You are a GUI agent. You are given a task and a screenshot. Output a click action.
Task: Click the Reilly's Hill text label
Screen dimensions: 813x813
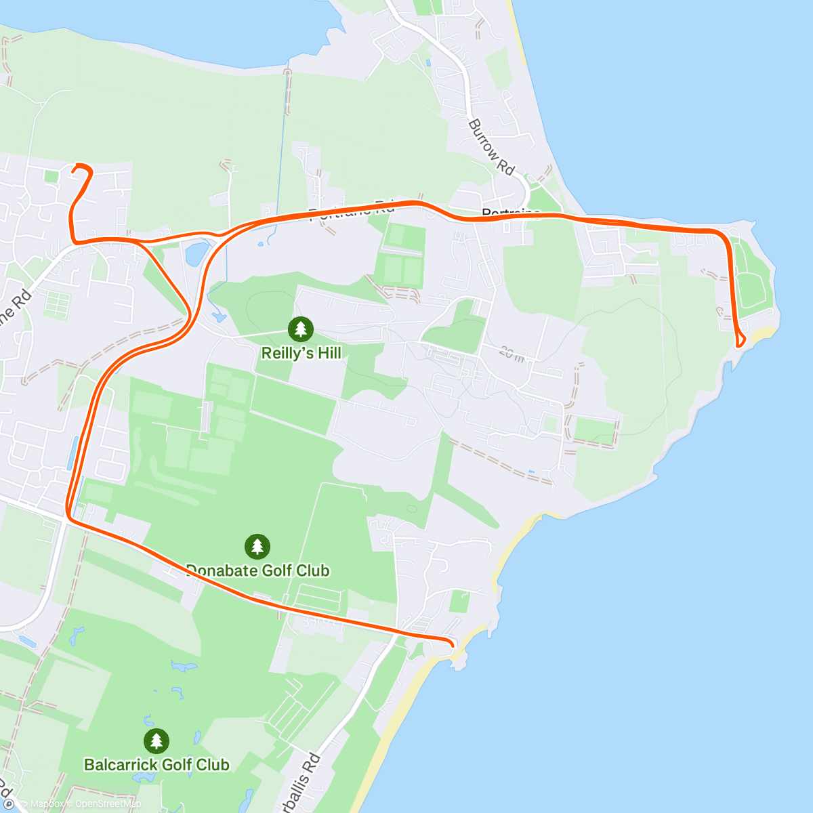click(301, 353)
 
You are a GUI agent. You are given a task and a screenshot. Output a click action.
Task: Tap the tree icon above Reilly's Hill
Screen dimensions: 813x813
click(301, 329)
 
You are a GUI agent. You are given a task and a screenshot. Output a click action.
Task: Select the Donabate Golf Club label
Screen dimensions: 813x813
click(258, 570)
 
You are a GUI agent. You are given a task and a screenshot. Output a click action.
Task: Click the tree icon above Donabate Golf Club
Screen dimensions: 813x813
click(257, 546)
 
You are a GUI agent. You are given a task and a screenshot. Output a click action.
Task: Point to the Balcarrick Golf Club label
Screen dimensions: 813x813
click(157, 765)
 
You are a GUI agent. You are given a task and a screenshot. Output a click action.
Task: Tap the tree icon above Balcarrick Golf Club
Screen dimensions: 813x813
click(157, 741)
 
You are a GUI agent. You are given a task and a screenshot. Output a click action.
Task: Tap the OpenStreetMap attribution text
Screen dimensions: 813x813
click(108, 804)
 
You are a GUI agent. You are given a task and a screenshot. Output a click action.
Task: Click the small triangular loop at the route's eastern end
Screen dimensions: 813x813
click(741, 340)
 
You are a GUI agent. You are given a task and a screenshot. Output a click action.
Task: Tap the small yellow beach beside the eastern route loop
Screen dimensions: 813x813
click(764, 333)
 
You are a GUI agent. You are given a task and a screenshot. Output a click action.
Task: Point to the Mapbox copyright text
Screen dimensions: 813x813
click(47, 804)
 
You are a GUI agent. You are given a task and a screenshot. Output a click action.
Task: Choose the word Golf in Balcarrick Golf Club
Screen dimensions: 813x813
click(175, 765)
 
